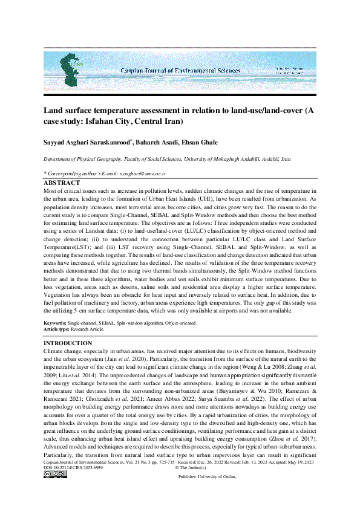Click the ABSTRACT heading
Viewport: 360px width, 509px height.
click(x=62, y=183)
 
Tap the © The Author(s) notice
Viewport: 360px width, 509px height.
click(x=191, y=484)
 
